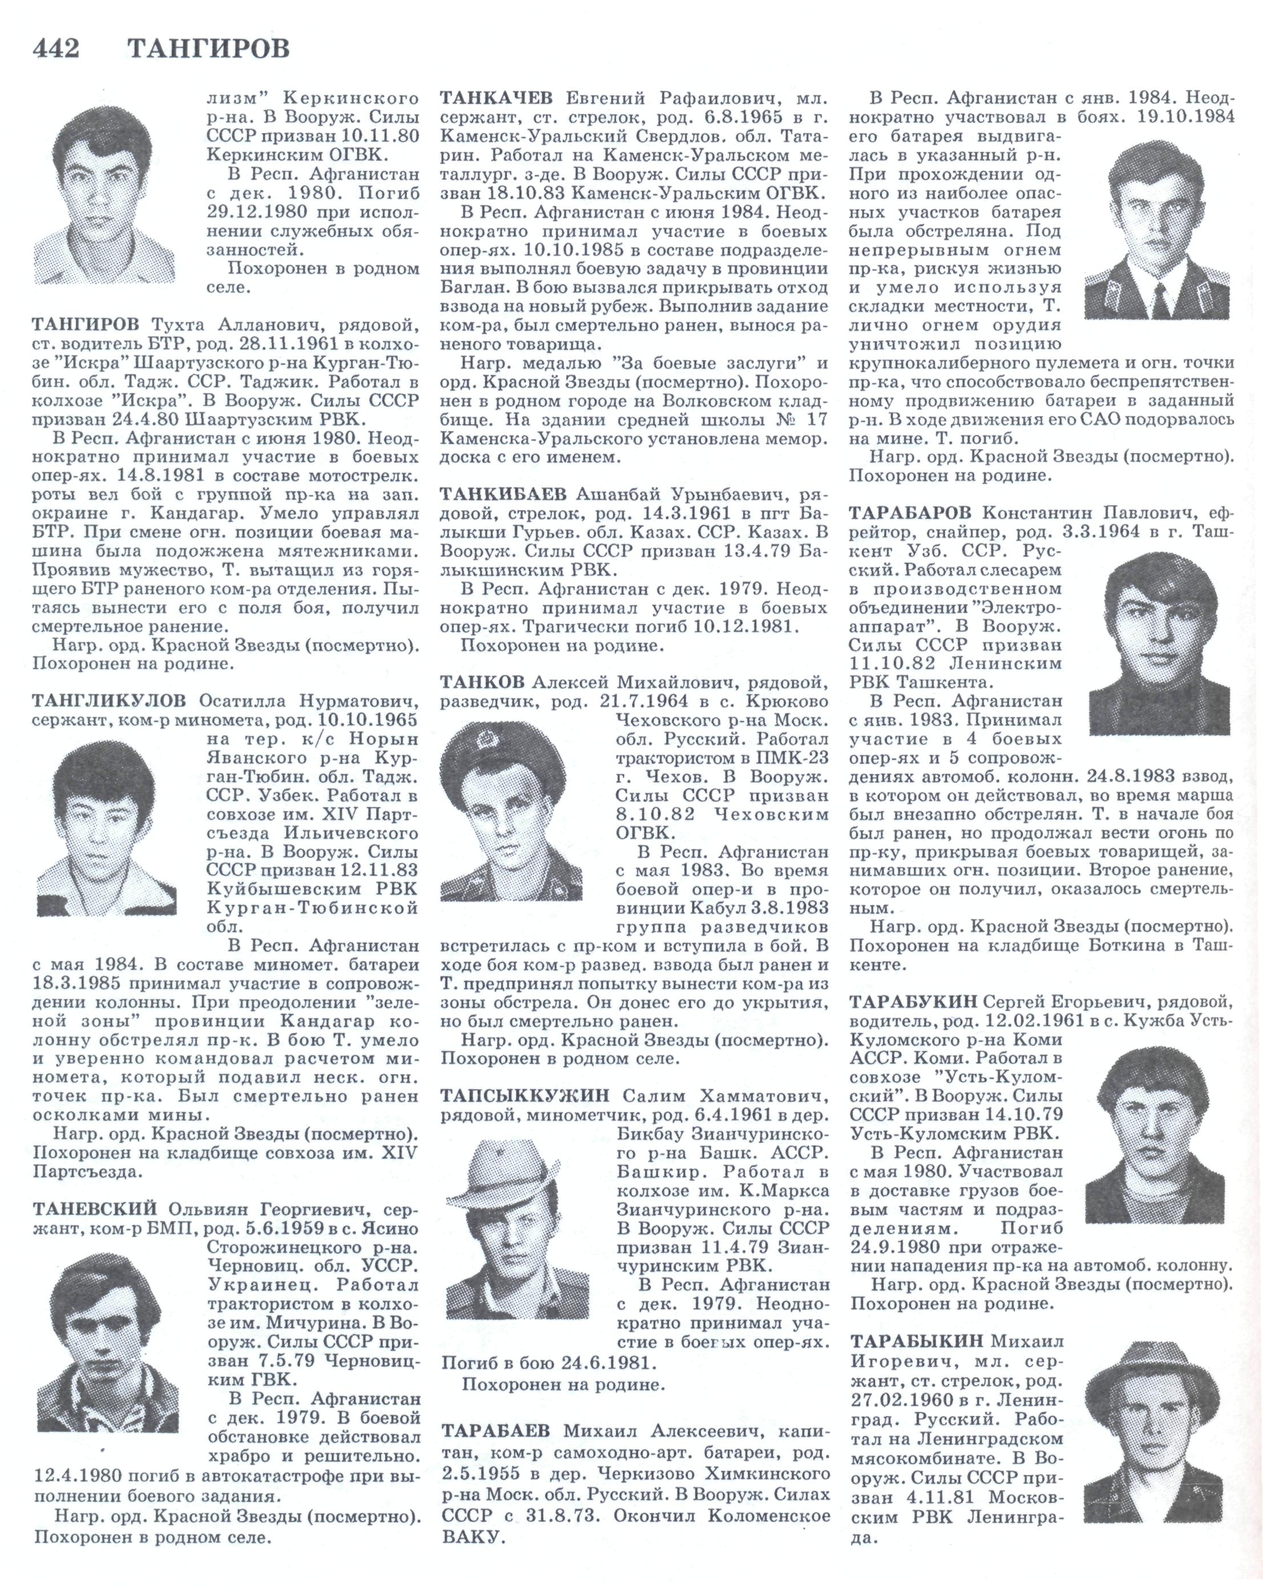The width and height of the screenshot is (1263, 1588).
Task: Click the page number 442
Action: point(56,49)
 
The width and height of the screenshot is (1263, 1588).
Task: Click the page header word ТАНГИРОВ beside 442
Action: point(208,49)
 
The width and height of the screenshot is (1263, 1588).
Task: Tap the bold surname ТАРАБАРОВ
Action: point(910,513)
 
